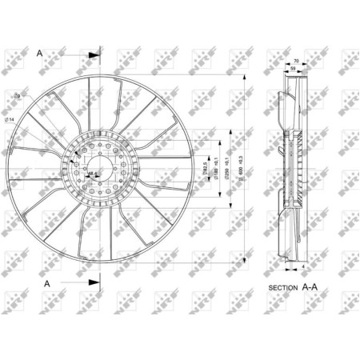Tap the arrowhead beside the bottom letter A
(94, 283)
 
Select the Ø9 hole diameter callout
(41, 98)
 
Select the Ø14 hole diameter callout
(31, 120)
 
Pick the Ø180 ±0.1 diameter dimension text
(218, 167)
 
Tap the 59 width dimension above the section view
(293, 70)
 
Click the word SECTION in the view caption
(282, 286)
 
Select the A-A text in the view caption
(309, 285)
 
